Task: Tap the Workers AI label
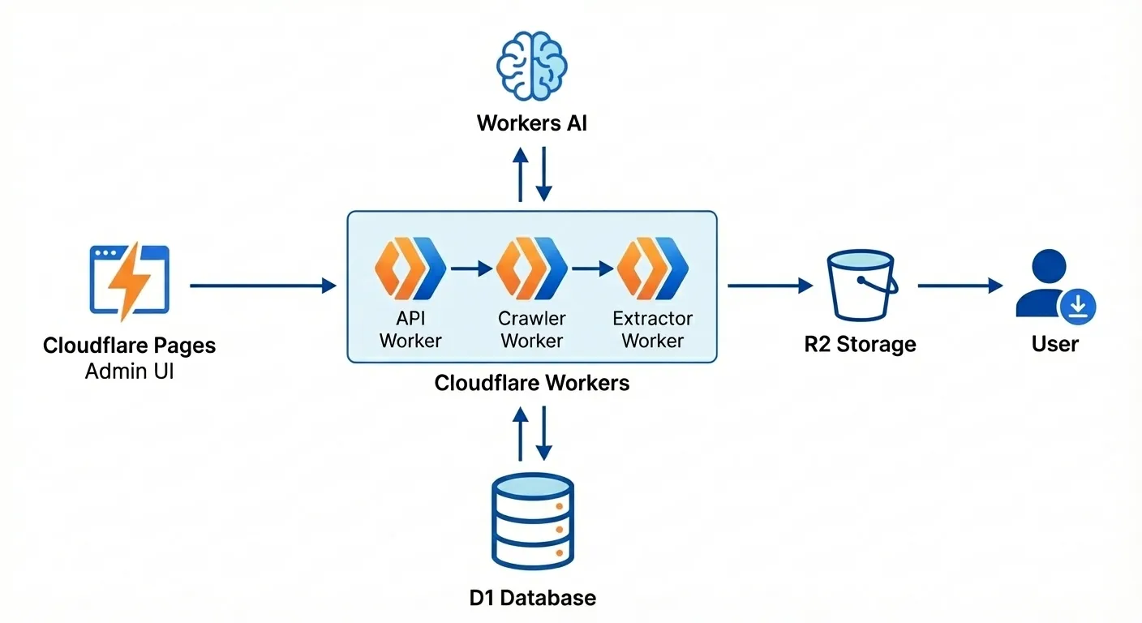pos(531,124)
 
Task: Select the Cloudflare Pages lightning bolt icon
pos(129,280)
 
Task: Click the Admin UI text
pos(129,372)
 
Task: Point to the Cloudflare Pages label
pos(129,346)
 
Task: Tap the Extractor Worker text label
pos(653,329)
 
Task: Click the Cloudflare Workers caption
pos(531,383)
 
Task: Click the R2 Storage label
pos(860,344)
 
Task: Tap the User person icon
pos(1048,284)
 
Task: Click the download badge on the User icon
pos(1078,306)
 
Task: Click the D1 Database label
pos(532,599)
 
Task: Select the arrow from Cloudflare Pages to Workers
pos(263,286)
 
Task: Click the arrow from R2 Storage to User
pos(960,286)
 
